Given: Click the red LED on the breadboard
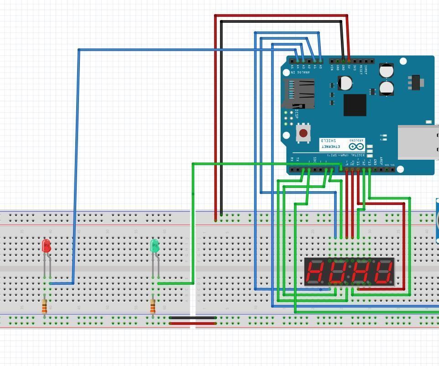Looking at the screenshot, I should point(46,246).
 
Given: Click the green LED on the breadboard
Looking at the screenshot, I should point(154,246).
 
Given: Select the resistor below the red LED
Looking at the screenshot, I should point(44,308).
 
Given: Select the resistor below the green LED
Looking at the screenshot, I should point(153,308).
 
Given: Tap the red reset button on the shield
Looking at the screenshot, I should point(303,134).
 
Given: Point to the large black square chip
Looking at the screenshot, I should point(355,105).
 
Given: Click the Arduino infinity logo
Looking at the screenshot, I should point(356,146).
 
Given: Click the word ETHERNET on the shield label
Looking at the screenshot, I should point(330,146).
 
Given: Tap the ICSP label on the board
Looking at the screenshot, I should point(297,114).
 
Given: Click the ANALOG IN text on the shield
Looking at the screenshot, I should point(298,72).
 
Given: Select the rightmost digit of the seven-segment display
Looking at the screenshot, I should point(382,272).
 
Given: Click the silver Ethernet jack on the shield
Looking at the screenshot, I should point(418,142).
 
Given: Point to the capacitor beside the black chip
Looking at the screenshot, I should point(345,83).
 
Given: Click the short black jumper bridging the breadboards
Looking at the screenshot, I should point(193,318).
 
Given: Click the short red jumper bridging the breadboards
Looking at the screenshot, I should point(193,324).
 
